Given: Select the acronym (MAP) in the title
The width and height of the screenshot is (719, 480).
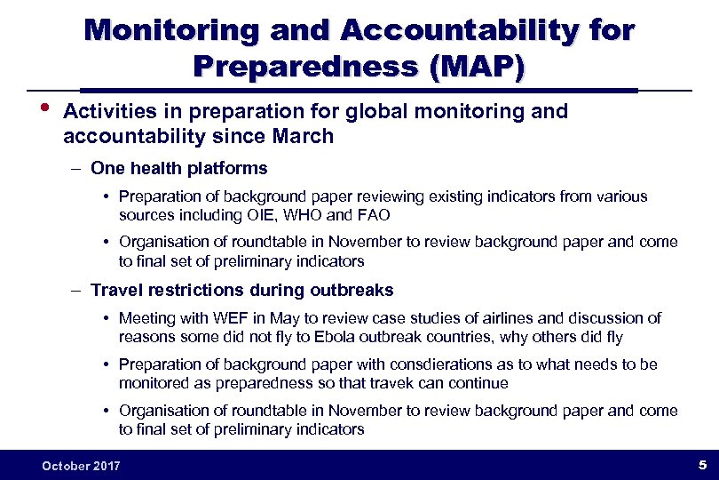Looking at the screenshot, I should point(477,68).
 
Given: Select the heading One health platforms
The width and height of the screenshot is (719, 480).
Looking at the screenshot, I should point(178,168).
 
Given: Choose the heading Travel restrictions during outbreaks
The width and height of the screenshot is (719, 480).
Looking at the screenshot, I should point(241,290).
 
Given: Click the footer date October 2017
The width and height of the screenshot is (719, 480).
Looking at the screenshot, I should point(81,466).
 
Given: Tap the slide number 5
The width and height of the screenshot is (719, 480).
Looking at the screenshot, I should point(701,465).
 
